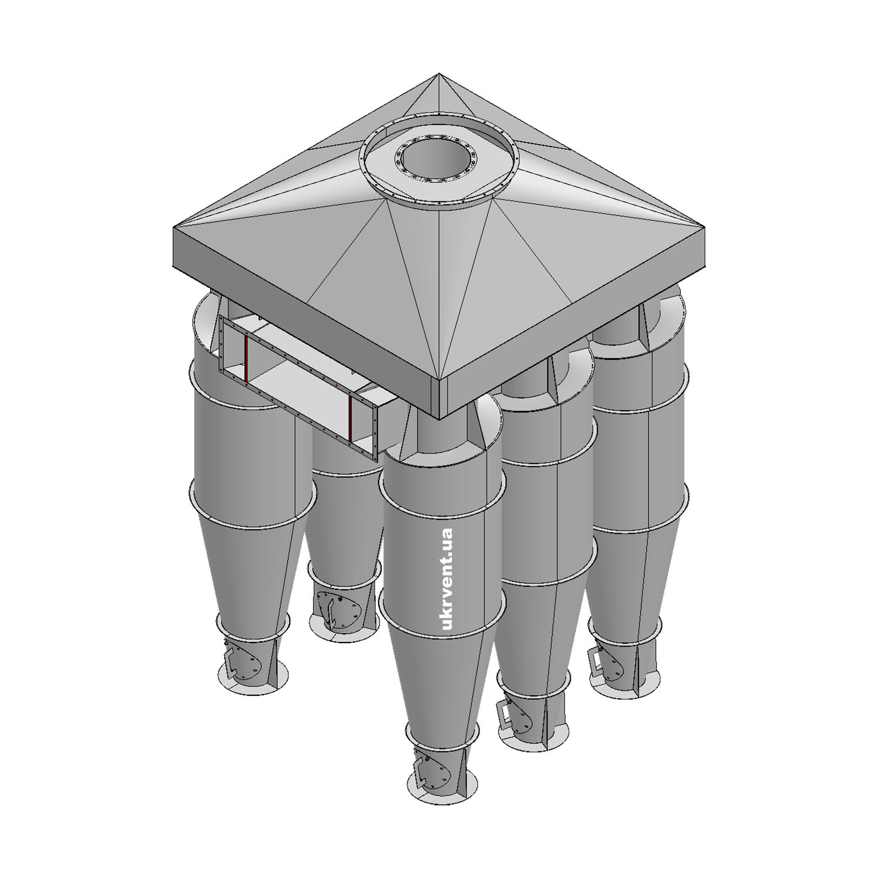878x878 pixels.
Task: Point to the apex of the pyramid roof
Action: (x=439, y=74)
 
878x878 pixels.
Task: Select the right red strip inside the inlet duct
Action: (x=349, y=418)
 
